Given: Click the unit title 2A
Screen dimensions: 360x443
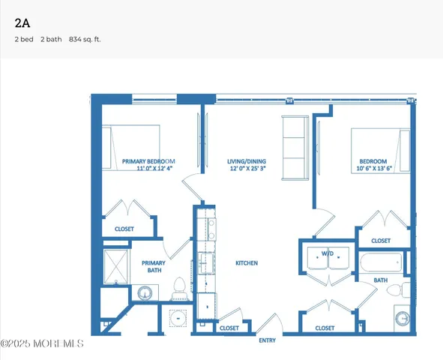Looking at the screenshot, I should click(22, 22).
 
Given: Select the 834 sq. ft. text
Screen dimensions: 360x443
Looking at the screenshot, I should click(85, 39).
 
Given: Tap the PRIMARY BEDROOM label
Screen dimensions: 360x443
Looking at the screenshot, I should click(148, 161).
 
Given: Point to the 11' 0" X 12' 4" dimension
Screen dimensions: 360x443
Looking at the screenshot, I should click(154, 169).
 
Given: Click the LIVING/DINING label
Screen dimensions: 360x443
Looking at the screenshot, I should click(247, 161).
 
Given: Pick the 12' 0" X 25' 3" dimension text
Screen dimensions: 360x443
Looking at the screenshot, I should click(247, 169).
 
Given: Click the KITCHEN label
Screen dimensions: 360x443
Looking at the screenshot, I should click(247, 263).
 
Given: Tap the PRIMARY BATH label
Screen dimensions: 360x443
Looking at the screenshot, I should click(153, 268).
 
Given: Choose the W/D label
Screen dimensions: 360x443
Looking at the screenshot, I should click(328, 254).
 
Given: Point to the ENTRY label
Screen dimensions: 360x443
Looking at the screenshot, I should click(267, 340).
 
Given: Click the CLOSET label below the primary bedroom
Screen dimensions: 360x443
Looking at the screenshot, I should click(124, 229).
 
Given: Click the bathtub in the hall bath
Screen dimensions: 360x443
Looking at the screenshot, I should click(382, 263).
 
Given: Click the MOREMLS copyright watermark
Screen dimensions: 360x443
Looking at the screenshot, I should click(42, 344).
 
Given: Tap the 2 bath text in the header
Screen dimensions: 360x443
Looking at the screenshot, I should click(51, 39).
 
